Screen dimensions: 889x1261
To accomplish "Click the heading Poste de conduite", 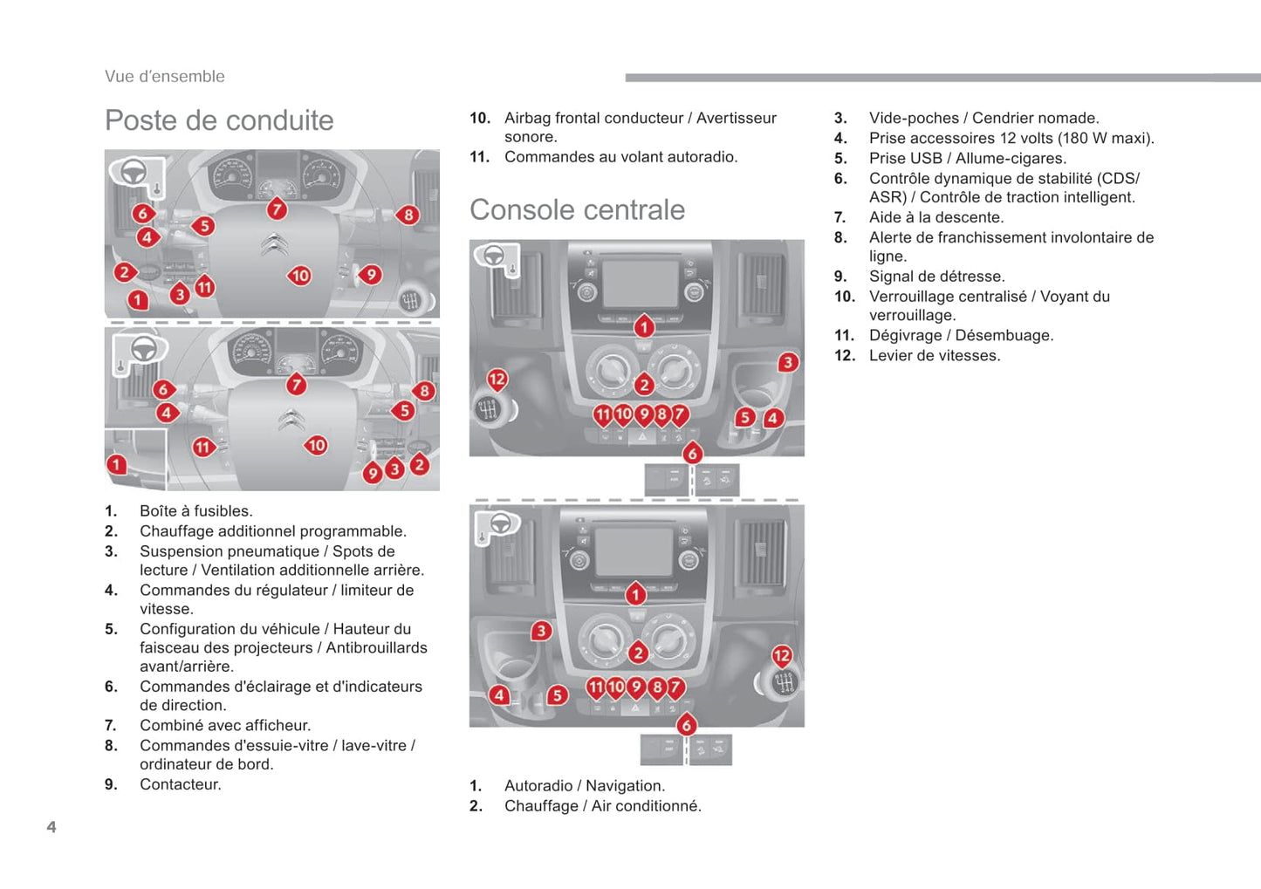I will tap(219, 120).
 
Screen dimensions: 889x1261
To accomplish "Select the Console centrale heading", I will tap(577, 210).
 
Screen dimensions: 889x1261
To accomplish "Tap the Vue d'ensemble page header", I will tap(165, 77).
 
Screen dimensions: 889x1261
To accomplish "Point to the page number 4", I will tap(51, 827).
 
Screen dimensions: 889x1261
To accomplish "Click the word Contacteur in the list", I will tap(181, 784).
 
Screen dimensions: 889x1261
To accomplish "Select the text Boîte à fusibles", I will tap(195, 511).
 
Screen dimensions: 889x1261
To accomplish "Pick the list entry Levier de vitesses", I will tap(935, 356).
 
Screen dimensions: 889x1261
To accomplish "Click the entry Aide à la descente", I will tap(936, 217).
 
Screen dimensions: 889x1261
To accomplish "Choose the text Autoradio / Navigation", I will tap(584, 786).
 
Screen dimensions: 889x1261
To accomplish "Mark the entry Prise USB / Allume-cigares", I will tap(967, 159).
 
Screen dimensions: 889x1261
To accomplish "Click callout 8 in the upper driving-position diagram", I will tap(408, 215).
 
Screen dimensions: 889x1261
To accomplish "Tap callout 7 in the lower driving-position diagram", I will tap(297, 384).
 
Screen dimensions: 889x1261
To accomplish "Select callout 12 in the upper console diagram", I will tap(497, 379).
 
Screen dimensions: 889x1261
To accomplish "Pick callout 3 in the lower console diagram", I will tap(541, 630).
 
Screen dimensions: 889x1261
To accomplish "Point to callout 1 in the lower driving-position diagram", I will tap(116, 464).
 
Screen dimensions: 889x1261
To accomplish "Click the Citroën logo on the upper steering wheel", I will tap(274, 245).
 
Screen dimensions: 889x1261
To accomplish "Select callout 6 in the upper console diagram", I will tap(692, 453).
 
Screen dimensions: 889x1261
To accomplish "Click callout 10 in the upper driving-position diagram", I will tap(300, 276).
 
